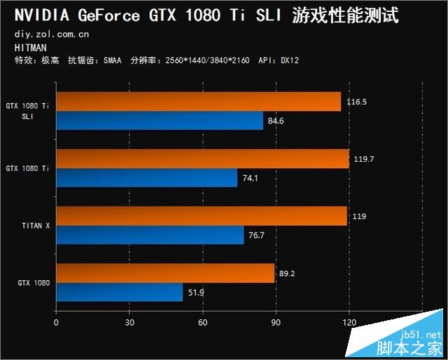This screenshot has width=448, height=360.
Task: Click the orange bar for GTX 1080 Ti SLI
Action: tap(198, 102)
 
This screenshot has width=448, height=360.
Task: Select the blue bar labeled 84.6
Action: tap(160, 121)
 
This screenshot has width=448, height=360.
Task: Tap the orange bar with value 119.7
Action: tap(202, 159)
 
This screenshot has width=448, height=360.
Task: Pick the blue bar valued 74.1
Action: tap(146, 178)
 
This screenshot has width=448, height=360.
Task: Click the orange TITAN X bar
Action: tap(202, 216)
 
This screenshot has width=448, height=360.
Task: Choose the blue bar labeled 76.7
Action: tap(150, 235)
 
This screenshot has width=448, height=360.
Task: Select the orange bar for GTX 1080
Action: tap(165, 273)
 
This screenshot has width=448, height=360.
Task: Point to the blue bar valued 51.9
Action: tap(119, 292)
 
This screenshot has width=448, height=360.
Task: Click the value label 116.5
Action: tap(356, 102)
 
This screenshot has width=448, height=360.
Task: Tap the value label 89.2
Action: tap(287, 274)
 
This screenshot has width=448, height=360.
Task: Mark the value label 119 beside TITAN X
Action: tap(359, 216)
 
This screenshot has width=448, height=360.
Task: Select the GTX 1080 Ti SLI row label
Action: tap(28, 111)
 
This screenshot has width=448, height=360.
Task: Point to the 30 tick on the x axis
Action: tap(129, 323)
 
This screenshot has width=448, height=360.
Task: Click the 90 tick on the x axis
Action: tap(276, 323)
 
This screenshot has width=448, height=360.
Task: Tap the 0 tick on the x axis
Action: tap(56, 323)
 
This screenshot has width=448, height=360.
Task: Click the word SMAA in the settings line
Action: tap(112, 61)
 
